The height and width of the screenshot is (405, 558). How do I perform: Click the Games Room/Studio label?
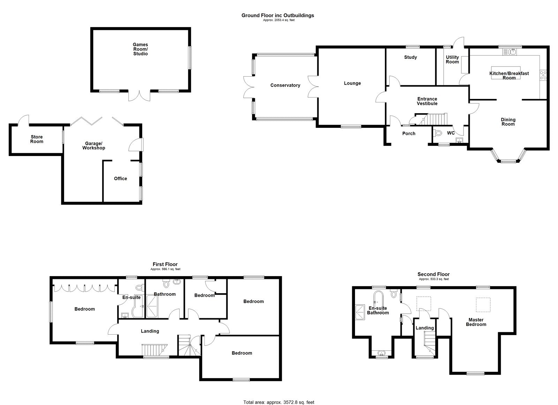coord(140,49)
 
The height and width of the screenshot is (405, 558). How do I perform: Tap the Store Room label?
coord(37,139)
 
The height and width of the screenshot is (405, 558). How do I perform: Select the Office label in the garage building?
coord(120,179)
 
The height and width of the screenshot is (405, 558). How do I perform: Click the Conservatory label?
coord(285,85)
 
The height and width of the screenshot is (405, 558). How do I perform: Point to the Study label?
coord(410,57)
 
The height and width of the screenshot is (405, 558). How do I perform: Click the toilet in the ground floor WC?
coord(438,133)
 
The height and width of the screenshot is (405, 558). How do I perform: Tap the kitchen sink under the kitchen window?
coord(510,52)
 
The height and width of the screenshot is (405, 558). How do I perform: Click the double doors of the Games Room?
coord(139,95)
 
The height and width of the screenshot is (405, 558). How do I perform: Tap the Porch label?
coord(409,133)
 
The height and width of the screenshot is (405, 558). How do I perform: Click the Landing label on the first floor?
coord(150,331)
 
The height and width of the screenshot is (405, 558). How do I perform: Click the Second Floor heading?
coord(433,274)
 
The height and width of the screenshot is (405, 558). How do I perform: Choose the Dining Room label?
coord(508,122)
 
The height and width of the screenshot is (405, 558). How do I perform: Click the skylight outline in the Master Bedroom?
coord(483,305)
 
